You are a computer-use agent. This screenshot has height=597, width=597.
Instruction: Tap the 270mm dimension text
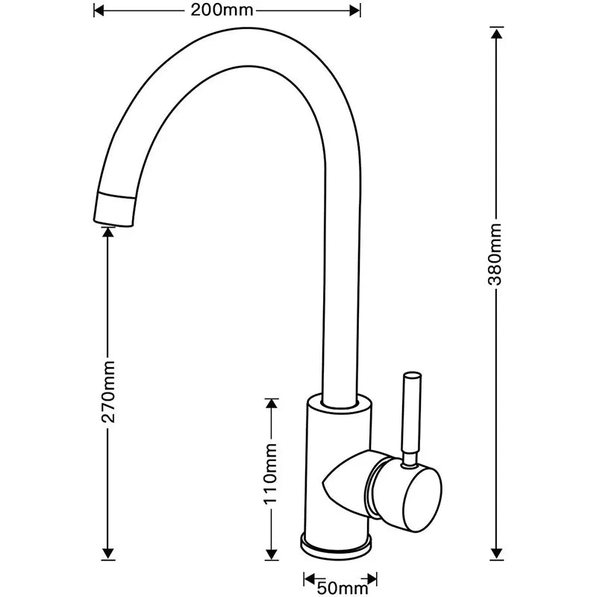click(x=109, y=392)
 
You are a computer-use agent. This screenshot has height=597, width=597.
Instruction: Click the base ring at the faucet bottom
click(x=339, y=543)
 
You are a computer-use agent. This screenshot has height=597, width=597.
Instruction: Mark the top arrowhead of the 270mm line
click(x=109, y=232)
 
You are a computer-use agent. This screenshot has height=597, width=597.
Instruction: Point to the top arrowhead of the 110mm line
click(x=272, y=404)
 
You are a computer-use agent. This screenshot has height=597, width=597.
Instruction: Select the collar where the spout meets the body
click(x=339, y=404)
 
